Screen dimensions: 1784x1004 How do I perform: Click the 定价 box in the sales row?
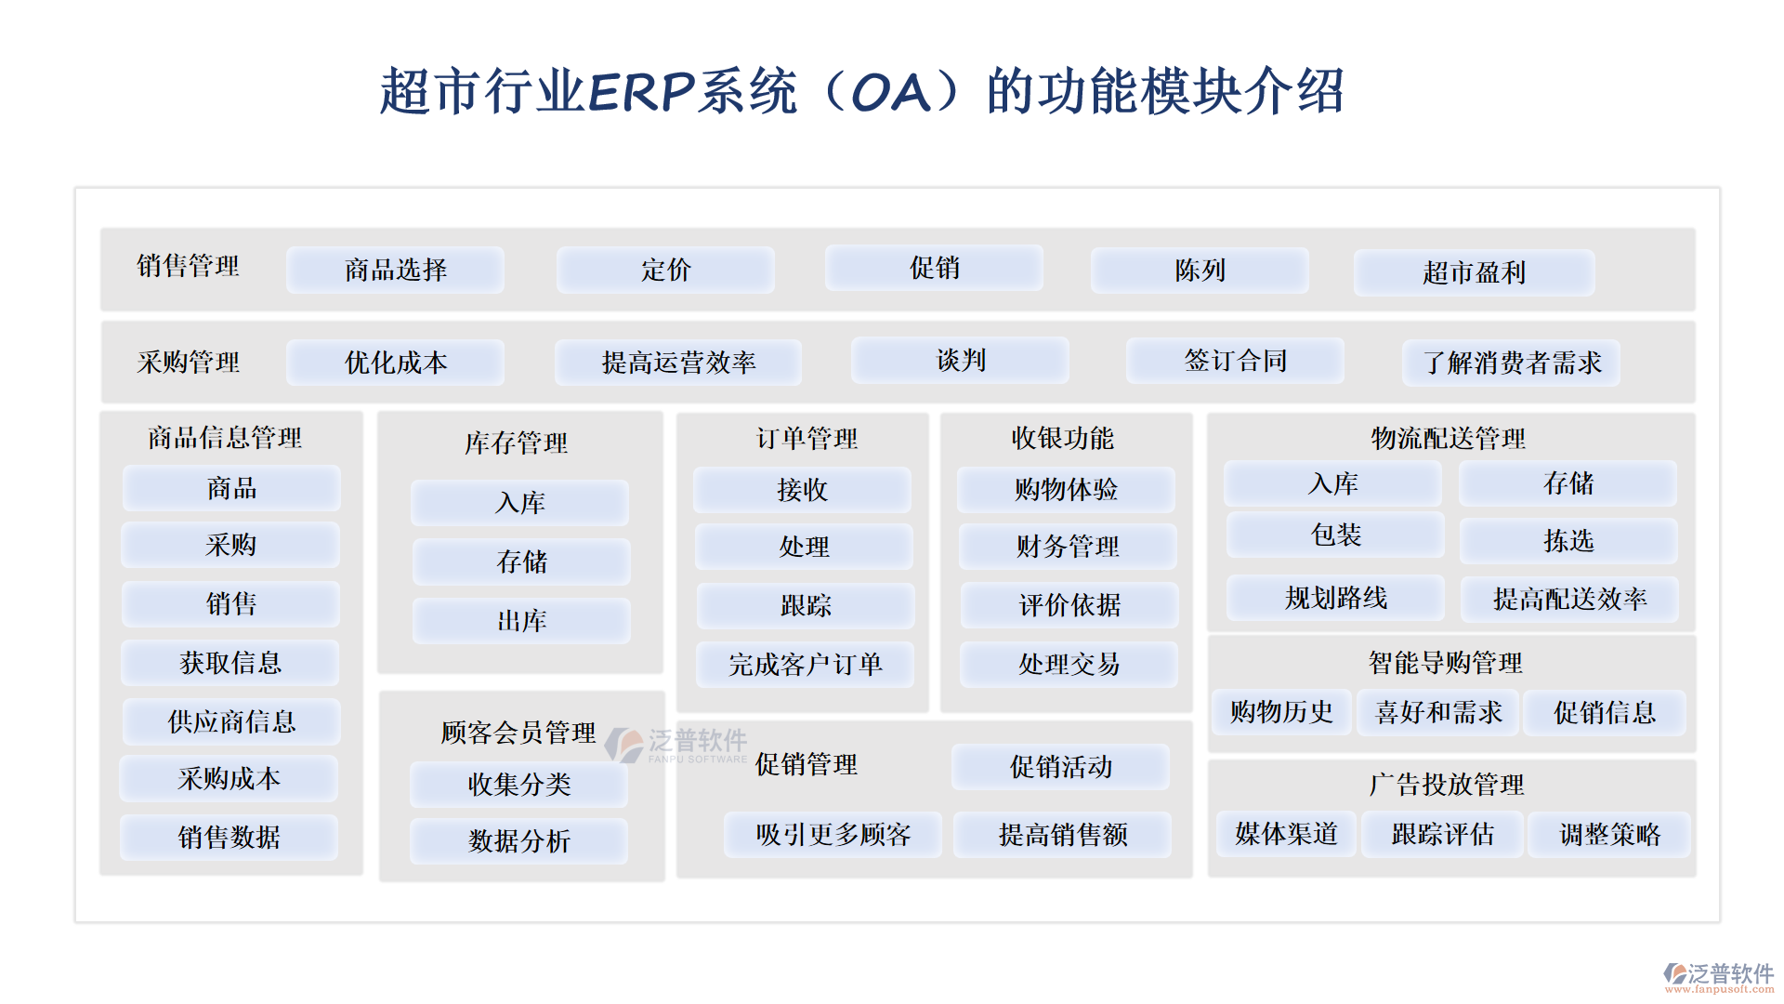click(x=665, y=271)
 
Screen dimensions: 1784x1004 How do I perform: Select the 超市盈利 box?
click(x=1474, y=272)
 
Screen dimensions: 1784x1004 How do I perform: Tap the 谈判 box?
click(x=960, y=361)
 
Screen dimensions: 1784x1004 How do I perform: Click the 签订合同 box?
click(x=1235, y=361)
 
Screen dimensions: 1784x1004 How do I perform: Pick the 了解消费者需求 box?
click(x=1511, y=363)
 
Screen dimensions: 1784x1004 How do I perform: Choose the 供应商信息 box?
click(x=231, y=721)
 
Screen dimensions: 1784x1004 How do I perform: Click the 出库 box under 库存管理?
click(x=521, y=621)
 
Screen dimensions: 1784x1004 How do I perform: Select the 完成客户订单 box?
click(x=805, y=665)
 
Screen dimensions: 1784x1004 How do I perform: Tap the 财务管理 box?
click(x=1068, y=547)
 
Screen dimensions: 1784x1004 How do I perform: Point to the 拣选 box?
click(x=1568, y=541)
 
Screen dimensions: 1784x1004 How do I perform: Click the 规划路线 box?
click(x=1336, y=598)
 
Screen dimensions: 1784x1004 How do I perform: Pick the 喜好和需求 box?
click(x=1438, y=713)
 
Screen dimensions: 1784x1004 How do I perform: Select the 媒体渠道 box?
click(x=1286, y=834)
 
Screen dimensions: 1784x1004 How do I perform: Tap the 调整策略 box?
click(x=1609, y=834)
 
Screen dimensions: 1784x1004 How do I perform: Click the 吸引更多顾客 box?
click(x=833, y=835)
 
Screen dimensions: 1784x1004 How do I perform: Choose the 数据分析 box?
click(x=518, y=841)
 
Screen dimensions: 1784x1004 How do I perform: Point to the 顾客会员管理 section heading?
click(x=518, y=733)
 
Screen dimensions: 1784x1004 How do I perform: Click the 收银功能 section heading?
click(x=1062, y=438)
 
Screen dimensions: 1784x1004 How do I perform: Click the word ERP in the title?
click(x=641, y=92)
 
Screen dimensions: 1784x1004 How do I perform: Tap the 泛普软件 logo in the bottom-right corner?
click(x=1719, y=976)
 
